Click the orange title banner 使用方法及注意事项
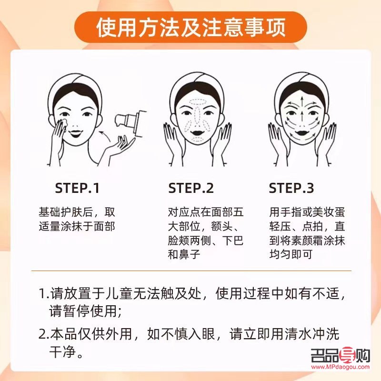point(190,27)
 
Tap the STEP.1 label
point(77,188)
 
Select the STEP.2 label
point(191,188)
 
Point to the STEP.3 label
point(291,188)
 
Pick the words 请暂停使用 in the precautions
point(80,311)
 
